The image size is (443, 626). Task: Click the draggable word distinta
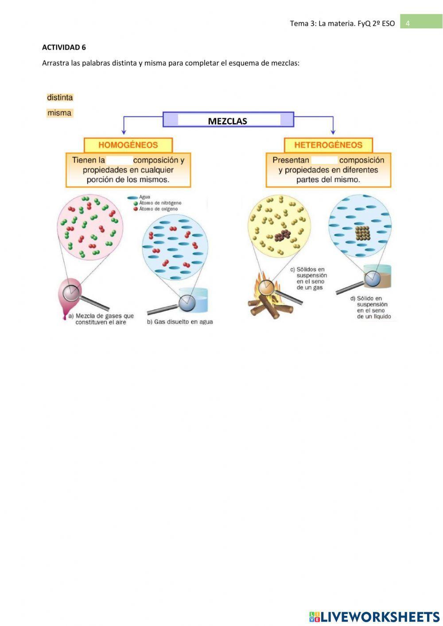(60, 97)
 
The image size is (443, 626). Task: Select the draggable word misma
(59, 113)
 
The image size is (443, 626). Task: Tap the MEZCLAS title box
(228, 120)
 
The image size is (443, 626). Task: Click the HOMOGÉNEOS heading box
(128, 145)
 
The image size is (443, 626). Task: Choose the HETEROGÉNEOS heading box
(328, 145)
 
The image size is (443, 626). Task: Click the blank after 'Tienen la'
(120, 160)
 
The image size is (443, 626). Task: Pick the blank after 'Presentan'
(324, 160)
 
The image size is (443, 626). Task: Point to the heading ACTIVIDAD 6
(64, 47)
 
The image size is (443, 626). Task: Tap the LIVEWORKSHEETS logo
(374, 616)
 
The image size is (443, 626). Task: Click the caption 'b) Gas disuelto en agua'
(180, 322)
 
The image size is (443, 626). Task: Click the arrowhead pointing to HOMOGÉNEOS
(124, 132)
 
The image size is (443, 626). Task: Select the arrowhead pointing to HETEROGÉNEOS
(333, 132)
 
